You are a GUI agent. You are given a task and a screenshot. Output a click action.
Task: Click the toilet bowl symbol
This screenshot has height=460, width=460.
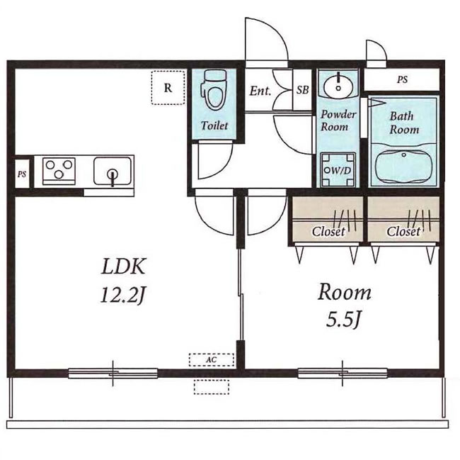coord(214,89)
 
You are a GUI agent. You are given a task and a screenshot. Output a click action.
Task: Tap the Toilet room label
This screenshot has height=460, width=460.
coord(214,125)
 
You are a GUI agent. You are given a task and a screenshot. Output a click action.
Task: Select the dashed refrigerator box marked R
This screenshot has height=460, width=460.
coord(168,88)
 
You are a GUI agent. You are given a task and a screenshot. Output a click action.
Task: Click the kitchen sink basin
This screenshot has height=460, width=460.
coord(113,171)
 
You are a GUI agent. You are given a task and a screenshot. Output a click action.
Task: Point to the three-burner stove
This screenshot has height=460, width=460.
coord(59,171)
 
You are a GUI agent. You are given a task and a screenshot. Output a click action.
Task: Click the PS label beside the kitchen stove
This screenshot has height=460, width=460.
coord(22,174)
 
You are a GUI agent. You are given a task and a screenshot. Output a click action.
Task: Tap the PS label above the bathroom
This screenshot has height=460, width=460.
coord(403,79)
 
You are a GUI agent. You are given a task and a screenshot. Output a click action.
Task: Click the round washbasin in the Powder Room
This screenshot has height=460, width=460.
coord(338,84)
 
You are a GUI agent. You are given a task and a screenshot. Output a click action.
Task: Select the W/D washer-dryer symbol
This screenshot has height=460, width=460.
coord(338,170)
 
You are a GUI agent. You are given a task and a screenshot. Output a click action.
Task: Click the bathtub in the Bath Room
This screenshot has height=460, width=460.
coord(404,168)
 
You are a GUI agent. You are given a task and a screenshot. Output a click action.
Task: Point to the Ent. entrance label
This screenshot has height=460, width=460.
coord(260,91)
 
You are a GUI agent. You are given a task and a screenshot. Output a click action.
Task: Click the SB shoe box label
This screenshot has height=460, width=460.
coord(302,90)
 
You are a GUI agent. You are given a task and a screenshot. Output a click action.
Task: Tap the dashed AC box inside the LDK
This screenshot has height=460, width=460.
coord(212,359)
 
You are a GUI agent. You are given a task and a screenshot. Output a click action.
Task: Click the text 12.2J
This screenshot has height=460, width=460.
coord(122,296)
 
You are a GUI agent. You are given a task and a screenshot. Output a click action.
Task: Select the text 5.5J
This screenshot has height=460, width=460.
coord(343,320)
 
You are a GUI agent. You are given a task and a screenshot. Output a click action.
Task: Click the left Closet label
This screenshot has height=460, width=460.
coord(328,232)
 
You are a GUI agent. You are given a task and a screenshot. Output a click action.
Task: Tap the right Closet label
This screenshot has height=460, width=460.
coord(403,232)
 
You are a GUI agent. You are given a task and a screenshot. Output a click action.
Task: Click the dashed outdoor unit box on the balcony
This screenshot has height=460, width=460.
coord(212,387)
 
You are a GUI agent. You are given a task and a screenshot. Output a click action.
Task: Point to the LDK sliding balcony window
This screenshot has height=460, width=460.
coord(113,373)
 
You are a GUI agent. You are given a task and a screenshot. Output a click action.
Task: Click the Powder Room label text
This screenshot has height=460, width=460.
coord(338,120)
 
